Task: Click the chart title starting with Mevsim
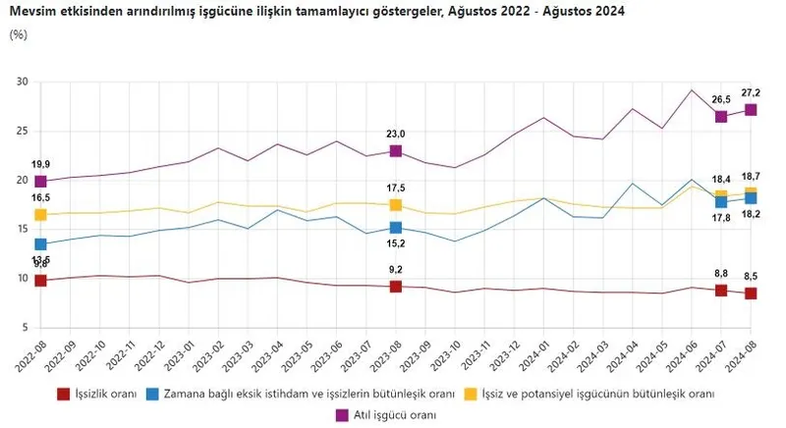click(315, 11)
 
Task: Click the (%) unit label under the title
click(18, 34)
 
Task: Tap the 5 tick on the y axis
click(26, 327)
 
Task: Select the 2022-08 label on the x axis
click(29, 358)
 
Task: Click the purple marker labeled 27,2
click(751, 109)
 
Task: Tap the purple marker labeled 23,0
click(396, 150)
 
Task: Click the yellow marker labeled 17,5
click(396, 204)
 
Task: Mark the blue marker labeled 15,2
click(396, 227)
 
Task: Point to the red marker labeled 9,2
click(396, 286)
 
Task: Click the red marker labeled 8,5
click(751, 293)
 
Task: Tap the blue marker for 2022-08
click(41, 243)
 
